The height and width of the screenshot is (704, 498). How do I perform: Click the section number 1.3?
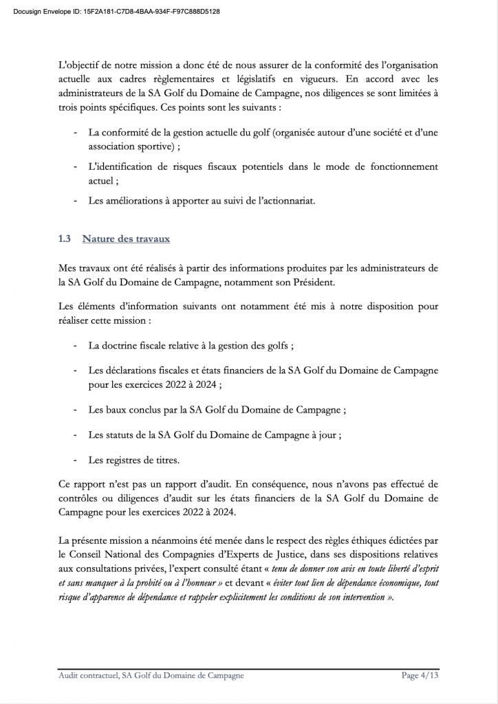[x=65, y=239]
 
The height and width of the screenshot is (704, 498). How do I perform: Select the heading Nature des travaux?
[x=126, y=239]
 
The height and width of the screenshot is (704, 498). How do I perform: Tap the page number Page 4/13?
[x=420, y=676]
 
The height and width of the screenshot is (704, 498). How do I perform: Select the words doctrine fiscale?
[x=142, y=345]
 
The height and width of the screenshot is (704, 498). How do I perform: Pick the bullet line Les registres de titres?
[x=133, y=459]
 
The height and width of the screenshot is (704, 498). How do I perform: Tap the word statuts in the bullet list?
[x=122, y=434]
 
